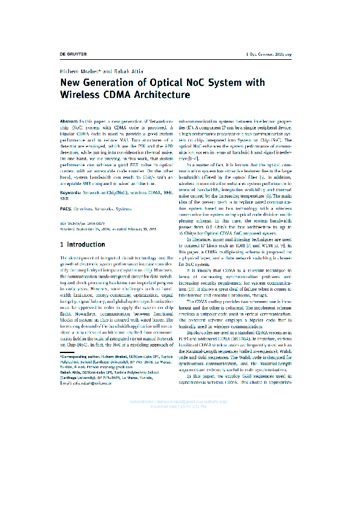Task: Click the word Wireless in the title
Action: [80, 95]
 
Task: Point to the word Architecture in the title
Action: [160, 95]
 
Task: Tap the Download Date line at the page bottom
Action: [180, 475]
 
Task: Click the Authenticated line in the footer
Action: [180, 470]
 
